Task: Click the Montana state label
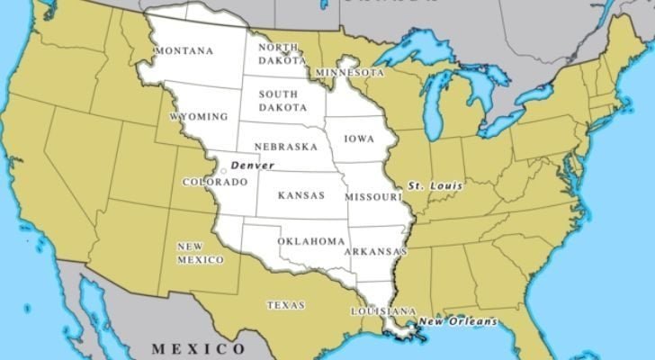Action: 184,51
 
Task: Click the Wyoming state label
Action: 198,117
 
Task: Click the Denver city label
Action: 253,166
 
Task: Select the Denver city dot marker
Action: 224,169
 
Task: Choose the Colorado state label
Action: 214,182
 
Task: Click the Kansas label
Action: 301,194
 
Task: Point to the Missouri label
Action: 372,196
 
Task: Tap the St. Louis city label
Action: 435,186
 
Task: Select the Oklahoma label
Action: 311,241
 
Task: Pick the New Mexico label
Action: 200,253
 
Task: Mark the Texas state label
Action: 286,305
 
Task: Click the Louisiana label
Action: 383,310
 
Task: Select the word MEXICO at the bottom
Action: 197,347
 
